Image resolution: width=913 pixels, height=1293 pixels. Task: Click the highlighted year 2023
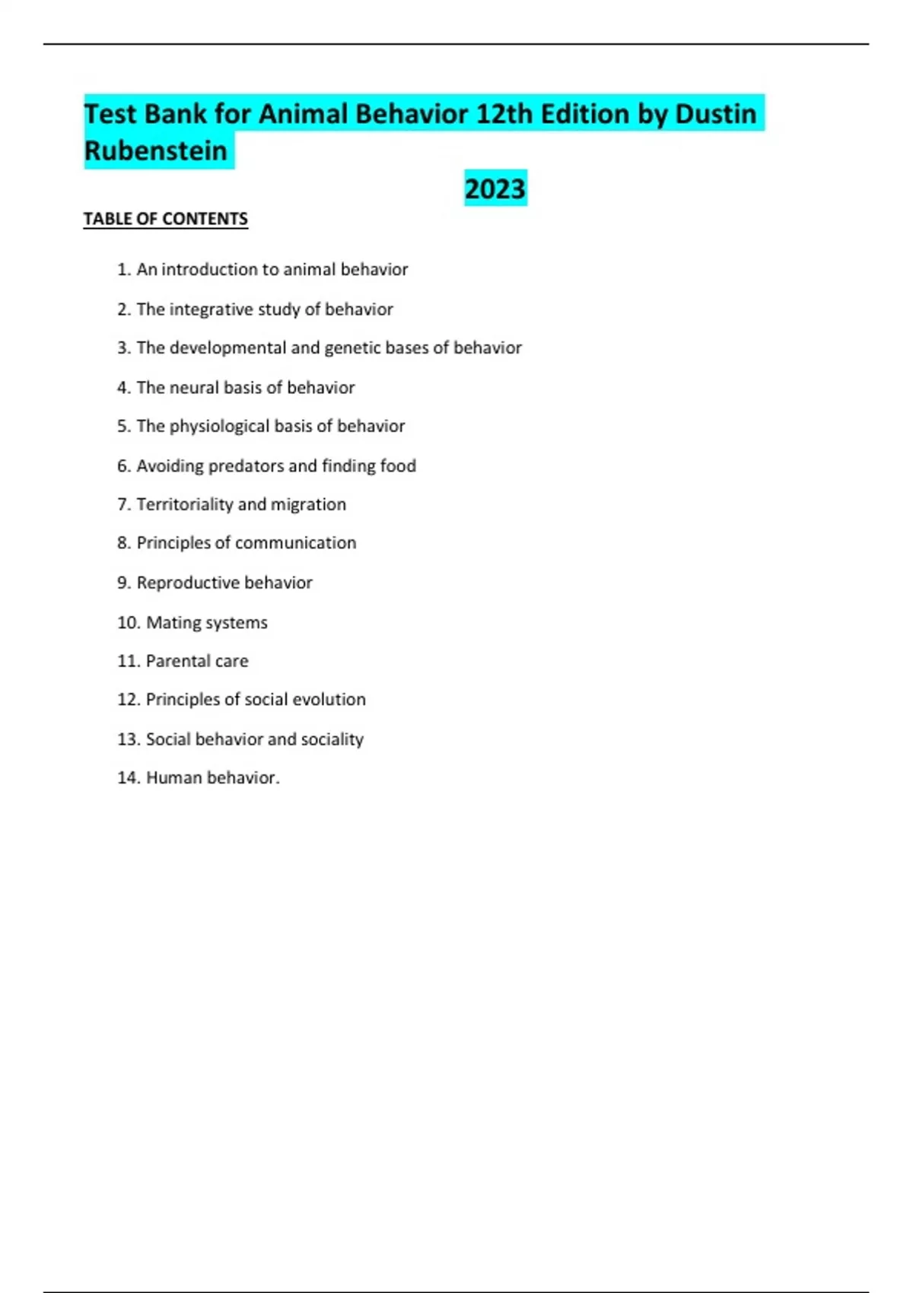point(495,189)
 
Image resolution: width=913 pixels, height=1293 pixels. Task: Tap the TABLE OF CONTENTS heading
point(165,219)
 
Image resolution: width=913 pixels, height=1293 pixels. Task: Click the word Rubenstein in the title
point(156,151)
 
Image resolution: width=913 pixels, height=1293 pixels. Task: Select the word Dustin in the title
point(716,114)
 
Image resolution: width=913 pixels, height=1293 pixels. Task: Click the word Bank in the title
point(175,114)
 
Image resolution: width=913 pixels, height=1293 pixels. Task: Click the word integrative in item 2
point(210,310)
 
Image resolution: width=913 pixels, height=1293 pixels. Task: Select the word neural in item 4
point(216,388)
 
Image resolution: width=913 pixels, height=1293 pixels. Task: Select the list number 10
point(128,623)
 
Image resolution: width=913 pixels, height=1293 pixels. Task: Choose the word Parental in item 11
point(175,661)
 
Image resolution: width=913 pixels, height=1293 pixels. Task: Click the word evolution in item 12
point(329,700)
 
